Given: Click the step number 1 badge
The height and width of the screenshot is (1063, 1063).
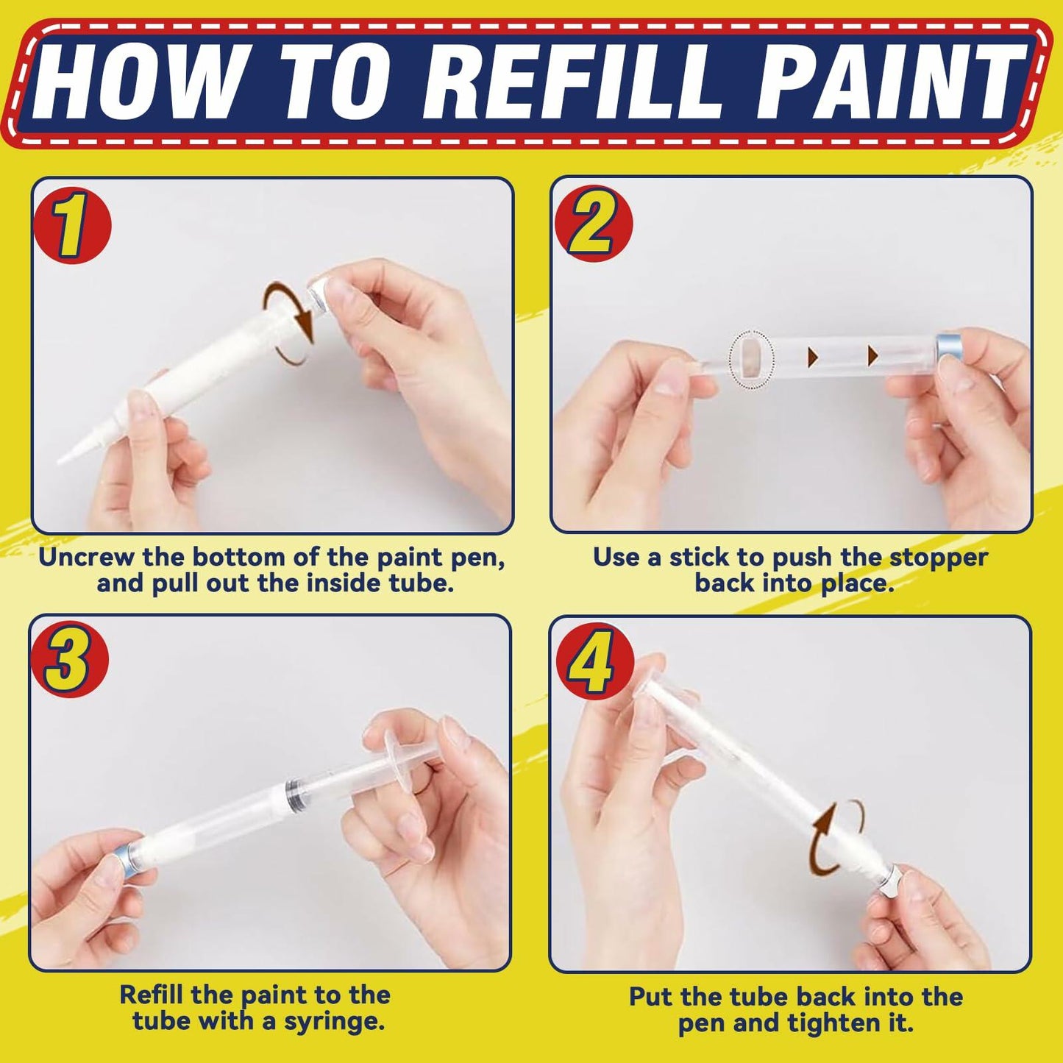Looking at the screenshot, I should point(71,226).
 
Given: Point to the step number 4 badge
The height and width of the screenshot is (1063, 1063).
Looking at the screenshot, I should point(594,661).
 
